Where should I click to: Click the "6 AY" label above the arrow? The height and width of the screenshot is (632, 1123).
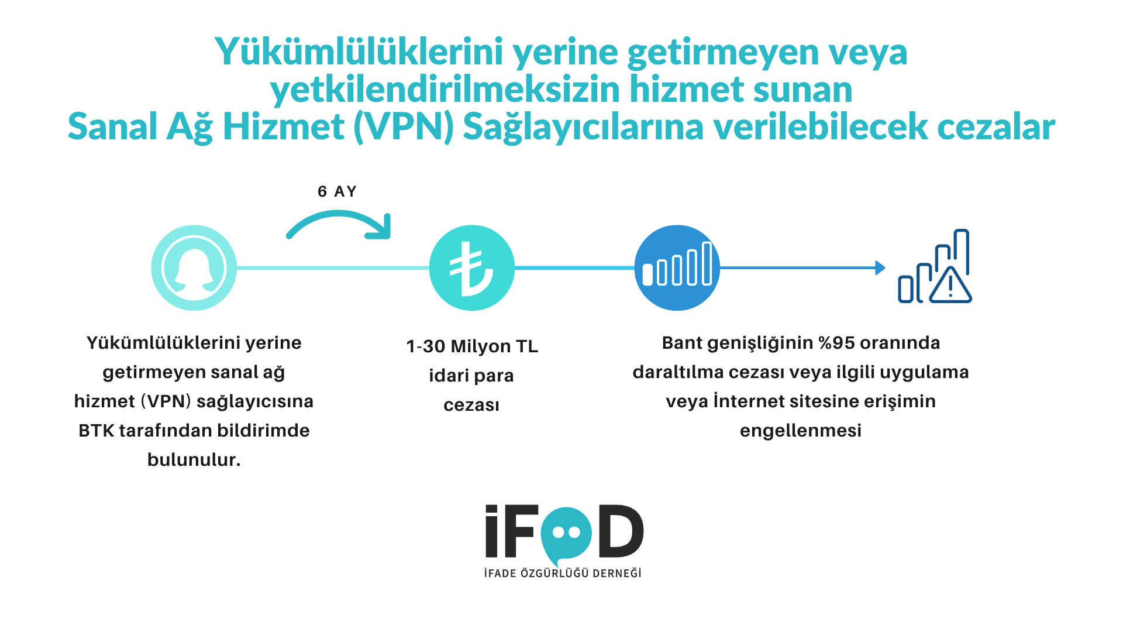[x=337, y=191]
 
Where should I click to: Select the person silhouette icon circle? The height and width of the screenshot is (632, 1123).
[x=194, y=268]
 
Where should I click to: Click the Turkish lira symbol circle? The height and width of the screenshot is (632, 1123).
[x=472, y=268]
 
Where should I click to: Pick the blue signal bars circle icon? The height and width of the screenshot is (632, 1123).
[x=677, y=268]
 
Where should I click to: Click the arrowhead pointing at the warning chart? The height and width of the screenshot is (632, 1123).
[x=880, y=268]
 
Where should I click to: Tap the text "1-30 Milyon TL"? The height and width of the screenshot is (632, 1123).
[x=472, y=346]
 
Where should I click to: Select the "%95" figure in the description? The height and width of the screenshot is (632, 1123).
[x=839, y=343]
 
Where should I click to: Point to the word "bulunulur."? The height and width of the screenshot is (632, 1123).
[x=194, y=460]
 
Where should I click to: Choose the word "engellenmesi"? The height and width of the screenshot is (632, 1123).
[x=801, y=431]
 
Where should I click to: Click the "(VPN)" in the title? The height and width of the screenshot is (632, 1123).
[x=404, y=127]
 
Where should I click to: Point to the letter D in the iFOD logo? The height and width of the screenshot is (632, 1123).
[x=621, y=531]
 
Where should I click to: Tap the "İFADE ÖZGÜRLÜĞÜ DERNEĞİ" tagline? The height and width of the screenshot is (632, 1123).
[x=563, y=573]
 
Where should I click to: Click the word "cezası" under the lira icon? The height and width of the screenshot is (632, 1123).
[x=471, y=406]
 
